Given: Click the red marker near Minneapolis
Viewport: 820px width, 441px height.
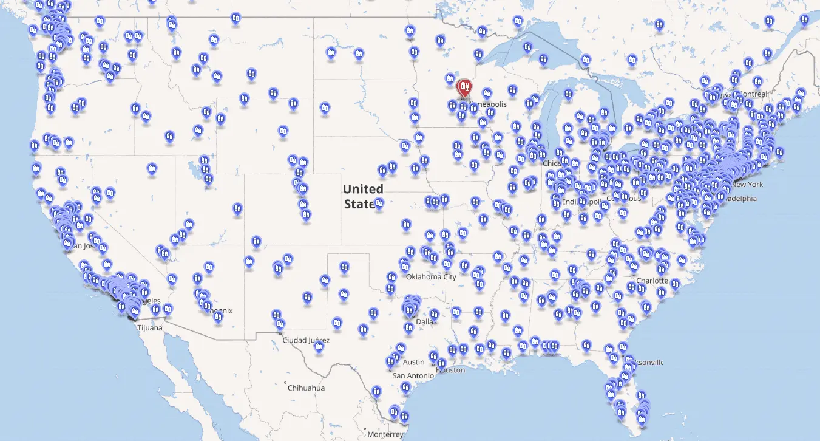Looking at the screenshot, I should click(x=464, y=89).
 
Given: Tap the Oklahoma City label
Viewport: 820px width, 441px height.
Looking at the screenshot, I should click(x=431, y=277).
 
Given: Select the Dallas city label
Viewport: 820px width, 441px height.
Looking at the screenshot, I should click(x=426, y=321).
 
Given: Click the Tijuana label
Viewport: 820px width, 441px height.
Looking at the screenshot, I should click(x=149, y=328).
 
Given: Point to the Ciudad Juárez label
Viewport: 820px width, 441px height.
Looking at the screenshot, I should click(x=306, y=340).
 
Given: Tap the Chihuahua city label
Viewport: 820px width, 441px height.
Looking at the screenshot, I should click(x=306, y=388).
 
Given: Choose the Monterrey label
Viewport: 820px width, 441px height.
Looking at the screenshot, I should click(x=385, y=434).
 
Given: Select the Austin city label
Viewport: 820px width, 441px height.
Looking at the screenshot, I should click(x=413, y=362).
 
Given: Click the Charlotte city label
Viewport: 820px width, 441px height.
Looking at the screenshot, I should click(x=652, y=281).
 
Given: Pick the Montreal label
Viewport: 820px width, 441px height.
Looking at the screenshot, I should click(x=752, y=94).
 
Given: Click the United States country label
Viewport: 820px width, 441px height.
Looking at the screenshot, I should click(x=362, y=196).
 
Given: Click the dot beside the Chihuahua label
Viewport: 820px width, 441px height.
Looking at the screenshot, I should click(x=285, y=383).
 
